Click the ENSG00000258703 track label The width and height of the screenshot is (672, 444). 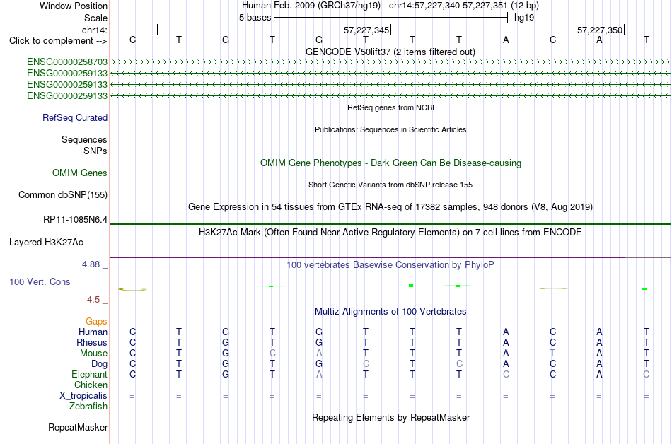tap(67, 62)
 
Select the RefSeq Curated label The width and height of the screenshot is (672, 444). tap(75, 118)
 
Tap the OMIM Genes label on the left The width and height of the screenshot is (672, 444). tap(80, 173)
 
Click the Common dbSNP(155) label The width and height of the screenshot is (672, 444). tap(63, 195)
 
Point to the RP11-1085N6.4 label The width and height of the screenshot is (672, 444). tap(76, 220)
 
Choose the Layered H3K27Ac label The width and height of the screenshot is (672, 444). tap(46, 243)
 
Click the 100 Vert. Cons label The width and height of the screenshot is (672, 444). tap(40, 281)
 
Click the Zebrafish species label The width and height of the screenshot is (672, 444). tap(88, 407)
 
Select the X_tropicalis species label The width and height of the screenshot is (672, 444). tap(83, 396)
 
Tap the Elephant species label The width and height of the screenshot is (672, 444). tap(90, 375)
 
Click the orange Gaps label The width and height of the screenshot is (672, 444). tap(96, 322)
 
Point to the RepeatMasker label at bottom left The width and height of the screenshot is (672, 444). tap(78, 427)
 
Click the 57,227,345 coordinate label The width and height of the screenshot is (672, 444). tap(366, 30)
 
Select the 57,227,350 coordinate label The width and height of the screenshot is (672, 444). tap(600, 30)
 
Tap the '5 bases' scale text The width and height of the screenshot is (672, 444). tap(255, 18)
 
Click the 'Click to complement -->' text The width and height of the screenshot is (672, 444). tap(58, 41)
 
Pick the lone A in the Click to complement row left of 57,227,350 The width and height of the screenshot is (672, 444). tap(506, 40)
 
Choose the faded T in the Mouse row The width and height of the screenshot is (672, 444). tap(553, 354)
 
